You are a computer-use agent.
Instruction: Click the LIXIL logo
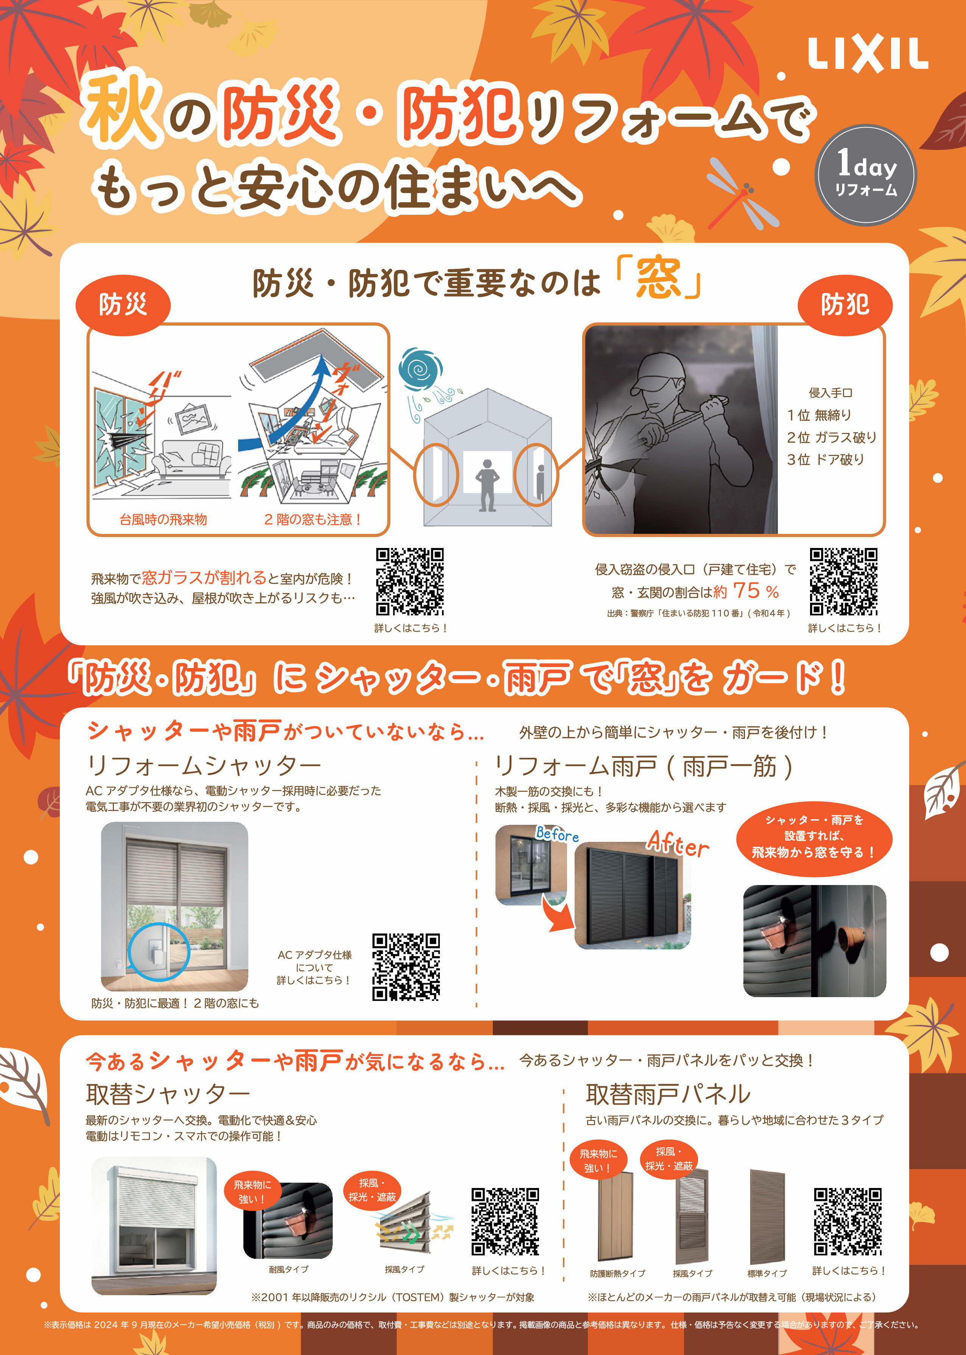point(867,55)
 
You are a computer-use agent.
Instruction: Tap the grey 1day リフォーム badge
point(865,174)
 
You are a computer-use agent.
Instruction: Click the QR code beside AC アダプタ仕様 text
point(406,966)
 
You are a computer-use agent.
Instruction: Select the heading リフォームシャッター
point(204,766)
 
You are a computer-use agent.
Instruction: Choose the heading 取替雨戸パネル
point(668,1094)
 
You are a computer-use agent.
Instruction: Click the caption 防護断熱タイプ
point(617,1274)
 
